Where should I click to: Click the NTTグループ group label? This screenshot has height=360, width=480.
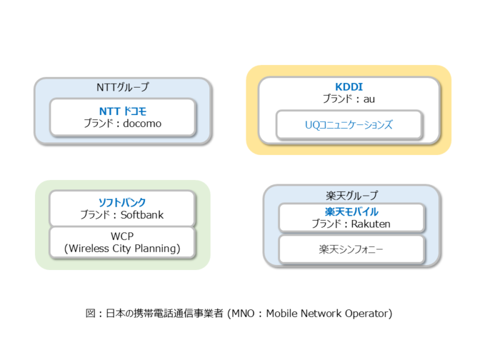tap(122, 87)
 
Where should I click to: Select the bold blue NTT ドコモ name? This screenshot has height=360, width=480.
tap(122, 111)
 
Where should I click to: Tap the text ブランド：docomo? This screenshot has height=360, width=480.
tap(122, 124)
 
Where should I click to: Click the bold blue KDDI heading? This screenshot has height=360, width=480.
tap(349, 87)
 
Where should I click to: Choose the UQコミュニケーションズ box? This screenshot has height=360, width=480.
tap(349, 125)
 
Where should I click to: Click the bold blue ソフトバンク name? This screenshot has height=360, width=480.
tap(122, 202)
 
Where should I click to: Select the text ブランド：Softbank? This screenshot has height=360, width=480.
tap(122, 215)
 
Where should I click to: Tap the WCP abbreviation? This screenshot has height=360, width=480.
tap(122, 237)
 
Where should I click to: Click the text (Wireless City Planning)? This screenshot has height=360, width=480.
tap(122, 249)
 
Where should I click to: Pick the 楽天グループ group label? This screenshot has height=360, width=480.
tap(352, 196)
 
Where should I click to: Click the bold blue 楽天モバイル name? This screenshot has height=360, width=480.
tap(352, 212)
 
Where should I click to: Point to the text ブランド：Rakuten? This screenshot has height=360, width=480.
tap(352, 224)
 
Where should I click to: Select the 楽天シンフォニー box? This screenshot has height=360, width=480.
tap(352, 249)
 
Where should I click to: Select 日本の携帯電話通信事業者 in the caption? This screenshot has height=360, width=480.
tap(164, 313)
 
